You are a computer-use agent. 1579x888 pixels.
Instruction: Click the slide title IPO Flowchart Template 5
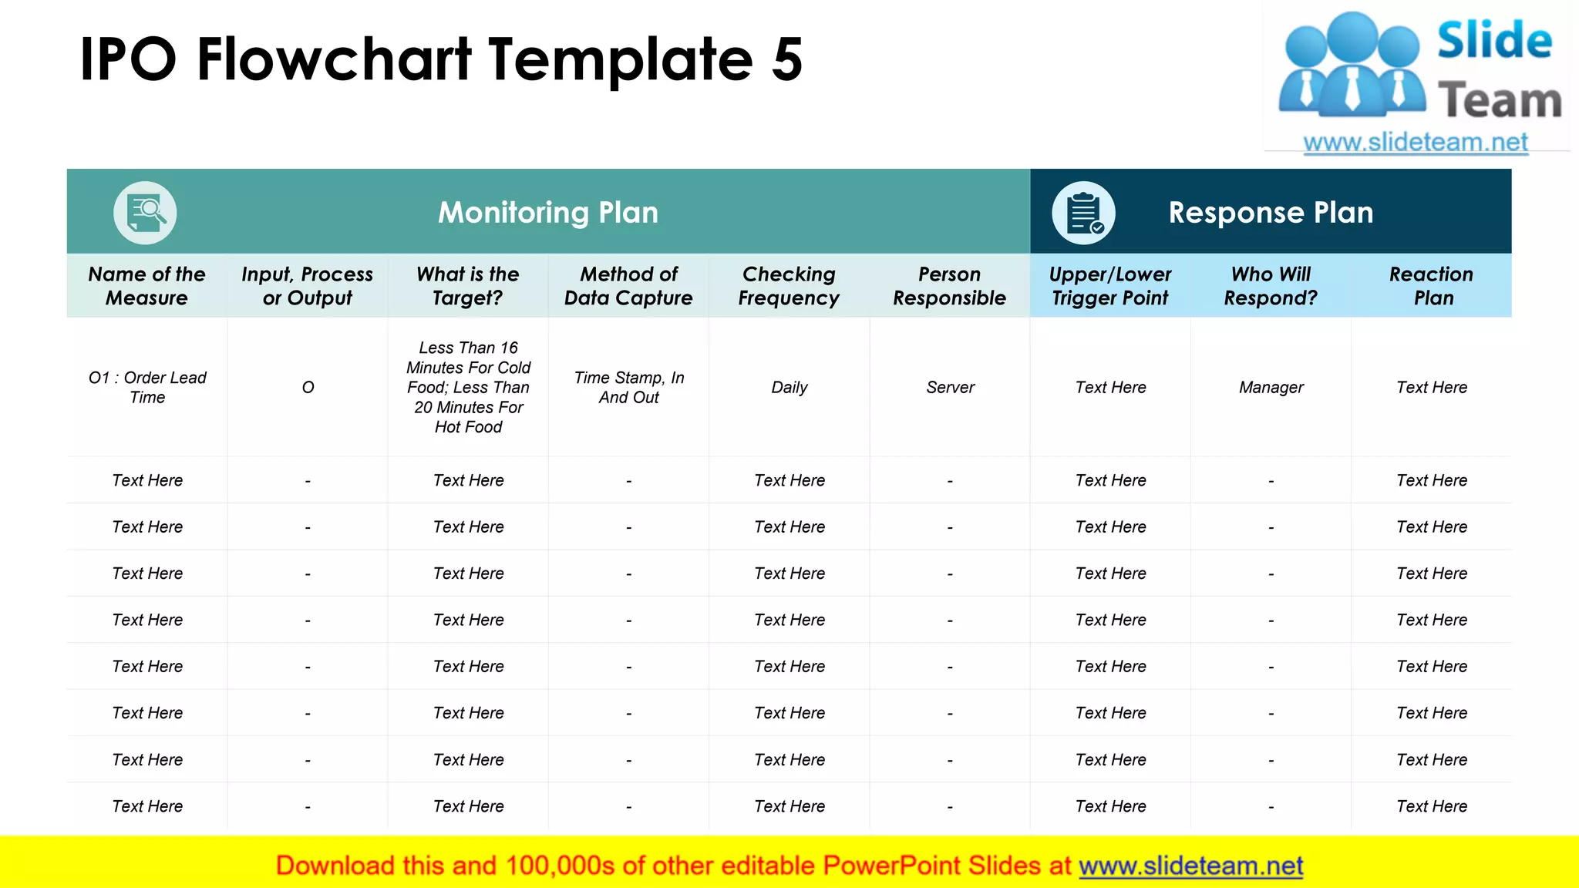(441, 60)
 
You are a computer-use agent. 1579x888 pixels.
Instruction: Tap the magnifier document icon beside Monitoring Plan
(145, 213)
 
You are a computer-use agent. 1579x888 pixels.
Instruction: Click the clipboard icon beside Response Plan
(1083, 213)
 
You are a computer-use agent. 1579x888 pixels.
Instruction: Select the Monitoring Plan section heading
(548, 213)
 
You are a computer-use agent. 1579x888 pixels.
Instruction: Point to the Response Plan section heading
(1271, 213)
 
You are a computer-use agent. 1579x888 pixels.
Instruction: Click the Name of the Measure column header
(146, 286)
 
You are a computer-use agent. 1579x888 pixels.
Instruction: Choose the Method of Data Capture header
(628, 286)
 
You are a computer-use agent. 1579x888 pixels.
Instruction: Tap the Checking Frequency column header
(789, 286)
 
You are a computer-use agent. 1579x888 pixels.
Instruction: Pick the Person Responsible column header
(949, 286)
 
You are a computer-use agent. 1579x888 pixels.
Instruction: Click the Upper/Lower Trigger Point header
(1110, 286)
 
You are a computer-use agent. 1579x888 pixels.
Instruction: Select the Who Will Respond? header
(1271, 286)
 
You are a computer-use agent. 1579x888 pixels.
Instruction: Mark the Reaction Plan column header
(1432, 286)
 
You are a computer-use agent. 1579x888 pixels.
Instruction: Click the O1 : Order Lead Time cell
(147, 388)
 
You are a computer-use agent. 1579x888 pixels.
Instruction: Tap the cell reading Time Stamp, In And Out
(629, 388)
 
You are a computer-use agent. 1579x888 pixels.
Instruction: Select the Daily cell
(789, 388)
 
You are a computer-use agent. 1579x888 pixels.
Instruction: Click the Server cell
(950, 388)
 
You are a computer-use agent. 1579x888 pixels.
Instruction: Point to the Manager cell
(1271, 388)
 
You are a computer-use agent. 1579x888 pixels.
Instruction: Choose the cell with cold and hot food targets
(468, 388)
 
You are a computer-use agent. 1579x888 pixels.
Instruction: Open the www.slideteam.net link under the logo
(1416, 143)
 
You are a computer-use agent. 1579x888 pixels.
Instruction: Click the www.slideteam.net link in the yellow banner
(1190, 866)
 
